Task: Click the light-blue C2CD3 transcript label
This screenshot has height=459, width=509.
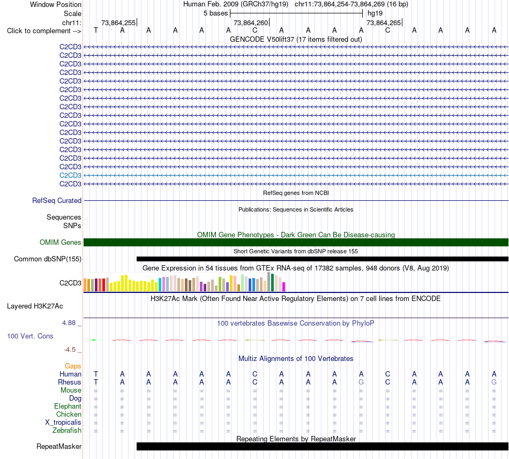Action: [70, 176]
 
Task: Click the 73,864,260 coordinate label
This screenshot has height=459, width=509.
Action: [251, 22]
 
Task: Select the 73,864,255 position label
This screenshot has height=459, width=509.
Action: [118, 22]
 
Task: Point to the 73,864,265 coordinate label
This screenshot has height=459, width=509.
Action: [384, 22]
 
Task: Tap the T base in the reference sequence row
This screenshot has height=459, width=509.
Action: [96, 30]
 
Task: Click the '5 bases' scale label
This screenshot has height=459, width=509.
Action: [215, 13]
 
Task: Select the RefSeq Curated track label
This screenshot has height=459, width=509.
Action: [57, 200]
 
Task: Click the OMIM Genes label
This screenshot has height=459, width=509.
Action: [61, 242]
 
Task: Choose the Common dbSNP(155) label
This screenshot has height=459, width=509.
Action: [48, 259]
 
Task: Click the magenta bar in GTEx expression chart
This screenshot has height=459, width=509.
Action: [284, 287]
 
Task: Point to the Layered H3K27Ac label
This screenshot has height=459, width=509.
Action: [35, 306]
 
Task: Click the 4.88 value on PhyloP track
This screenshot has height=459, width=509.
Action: [69, 323]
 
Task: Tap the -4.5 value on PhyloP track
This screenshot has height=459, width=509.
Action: [70, 349]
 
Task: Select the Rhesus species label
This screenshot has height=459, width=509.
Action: [70, 382]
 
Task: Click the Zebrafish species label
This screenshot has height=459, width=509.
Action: [67, 430]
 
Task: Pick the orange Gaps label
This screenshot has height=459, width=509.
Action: [73, 366]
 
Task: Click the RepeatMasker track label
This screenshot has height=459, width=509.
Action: [59, 446]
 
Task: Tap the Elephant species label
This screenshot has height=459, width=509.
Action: [68, 406]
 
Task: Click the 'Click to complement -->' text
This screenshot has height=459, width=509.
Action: [44, 31]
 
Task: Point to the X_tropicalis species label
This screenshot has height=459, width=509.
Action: [63, 423]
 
